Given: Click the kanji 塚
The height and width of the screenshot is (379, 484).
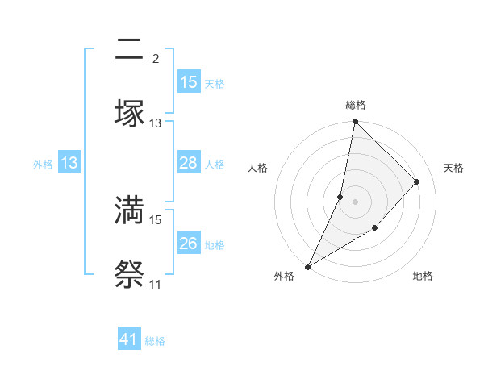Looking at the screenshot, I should click(129, 113).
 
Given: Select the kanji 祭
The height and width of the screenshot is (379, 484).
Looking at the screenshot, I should click(129, 274).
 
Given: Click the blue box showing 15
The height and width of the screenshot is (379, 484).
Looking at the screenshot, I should click(189, 82).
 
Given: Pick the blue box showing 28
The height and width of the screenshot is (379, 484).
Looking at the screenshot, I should click(189, 163).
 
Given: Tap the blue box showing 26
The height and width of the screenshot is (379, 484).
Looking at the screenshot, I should click(189, 244).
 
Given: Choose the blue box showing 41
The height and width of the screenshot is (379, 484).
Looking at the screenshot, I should click(129, 340).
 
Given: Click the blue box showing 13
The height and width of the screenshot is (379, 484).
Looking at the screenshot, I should click(69, 163).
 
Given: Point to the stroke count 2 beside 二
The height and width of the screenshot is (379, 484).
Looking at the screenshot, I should click(156, 58).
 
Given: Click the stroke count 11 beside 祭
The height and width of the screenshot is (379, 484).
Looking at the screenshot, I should click(155, 284).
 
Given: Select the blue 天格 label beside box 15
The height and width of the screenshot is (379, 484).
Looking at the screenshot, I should click(215, 83).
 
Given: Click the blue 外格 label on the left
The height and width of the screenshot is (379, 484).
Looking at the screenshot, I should click(43, 164).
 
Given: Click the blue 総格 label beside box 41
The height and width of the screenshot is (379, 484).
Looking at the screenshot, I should click(155, 341).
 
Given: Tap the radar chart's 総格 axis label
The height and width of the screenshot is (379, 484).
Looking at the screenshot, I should click(355, 105).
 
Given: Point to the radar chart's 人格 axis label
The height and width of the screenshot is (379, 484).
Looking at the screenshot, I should click(258, 168).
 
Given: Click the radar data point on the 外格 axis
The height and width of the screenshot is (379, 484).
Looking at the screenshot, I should click(307, 267).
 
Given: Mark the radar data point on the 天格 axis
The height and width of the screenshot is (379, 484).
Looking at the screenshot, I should click(417, 181).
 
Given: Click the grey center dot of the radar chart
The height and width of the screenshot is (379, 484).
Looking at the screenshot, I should click(355, 201).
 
